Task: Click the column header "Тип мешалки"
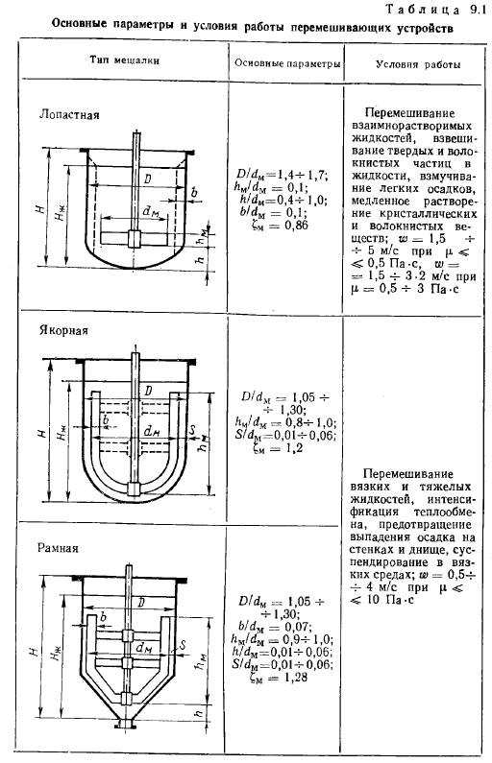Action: (125, 60)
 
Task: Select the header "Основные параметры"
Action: (287, 63)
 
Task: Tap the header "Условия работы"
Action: (418, 64)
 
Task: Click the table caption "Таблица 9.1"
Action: (435, 10)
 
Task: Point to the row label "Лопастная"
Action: (69, 115)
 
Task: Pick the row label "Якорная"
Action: (63, 330)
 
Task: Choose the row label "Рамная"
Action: (58, 548)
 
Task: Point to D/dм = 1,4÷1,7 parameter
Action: (283, 175)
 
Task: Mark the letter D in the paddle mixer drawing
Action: (148, 179)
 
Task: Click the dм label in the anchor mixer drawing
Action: (153, 431)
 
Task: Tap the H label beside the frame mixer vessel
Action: (34, 651)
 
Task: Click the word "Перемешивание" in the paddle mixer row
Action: (409, 113)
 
